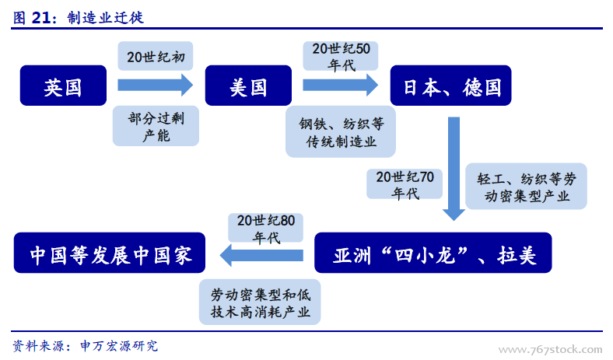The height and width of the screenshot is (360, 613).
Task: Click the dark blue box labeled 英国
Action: [63, 86]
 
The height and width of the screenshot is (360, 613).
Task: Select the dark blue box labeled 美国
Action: [248, 86]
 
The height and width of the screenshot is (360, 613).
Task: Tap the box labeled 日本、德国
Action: [450, 86]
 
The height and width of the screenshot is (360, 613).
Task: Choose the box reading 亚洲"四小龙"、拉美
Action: [433, 253]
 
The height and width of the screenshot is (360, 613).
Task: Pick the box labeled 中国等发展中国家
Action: [110, 253]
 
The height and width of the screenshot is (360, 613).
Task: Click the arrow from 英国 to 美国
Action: [156, 86]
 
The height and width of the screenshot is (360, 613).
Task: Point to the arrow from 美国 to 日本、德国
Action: [340, 86]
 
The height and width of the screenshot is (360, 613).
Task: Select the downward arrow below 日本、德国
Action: [454, 169]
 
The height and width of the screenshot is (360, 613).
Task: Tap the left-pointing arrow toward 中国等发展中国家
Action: [261, 255]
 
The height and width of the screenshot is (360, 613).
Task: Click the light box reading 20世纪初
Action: [156, 56]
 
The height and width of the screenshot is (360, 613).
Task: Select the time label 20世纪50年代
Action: [341, 56]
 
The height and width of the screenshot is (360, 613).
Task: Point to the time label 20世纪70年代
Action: [405, 184]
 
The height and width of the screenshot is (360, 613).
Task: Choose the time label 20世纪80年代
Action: [266, 228]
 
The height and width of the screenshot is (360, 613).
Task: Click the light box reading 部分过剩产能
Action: [156, 126]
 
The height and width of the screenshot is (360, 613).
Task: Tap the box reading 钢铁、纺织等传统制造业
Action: [341, 131]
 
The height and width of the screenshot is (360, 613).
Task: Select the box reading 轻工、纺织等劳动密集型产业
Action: [526, 187]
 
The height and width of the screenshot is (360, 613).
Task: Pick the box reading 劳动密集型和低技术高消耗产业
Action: [260, 302]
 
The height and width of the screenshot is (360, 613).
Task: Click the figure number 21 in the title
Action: [40, 18]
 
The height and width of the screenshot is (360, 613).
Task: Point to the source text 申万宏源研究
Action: [119, 345]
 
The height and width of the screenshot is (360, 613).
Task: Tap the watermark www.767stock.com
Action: [551, 349]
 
